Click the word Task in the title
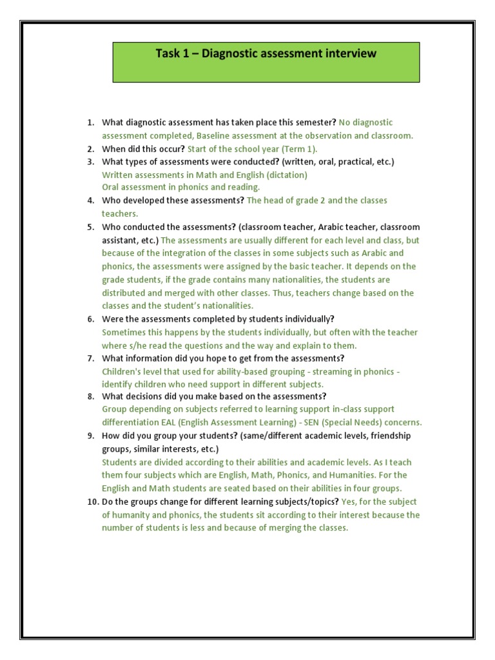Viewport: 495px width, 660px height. pos(168,53)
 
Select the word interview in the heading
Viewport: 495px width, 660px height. pos(348,53)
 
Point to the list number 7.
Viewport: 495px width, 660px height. pos(91,358)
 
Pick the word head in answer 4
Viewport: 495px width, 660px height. pos(273,200)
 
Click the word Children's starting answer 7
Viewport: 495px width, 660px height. pos(122,372)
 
